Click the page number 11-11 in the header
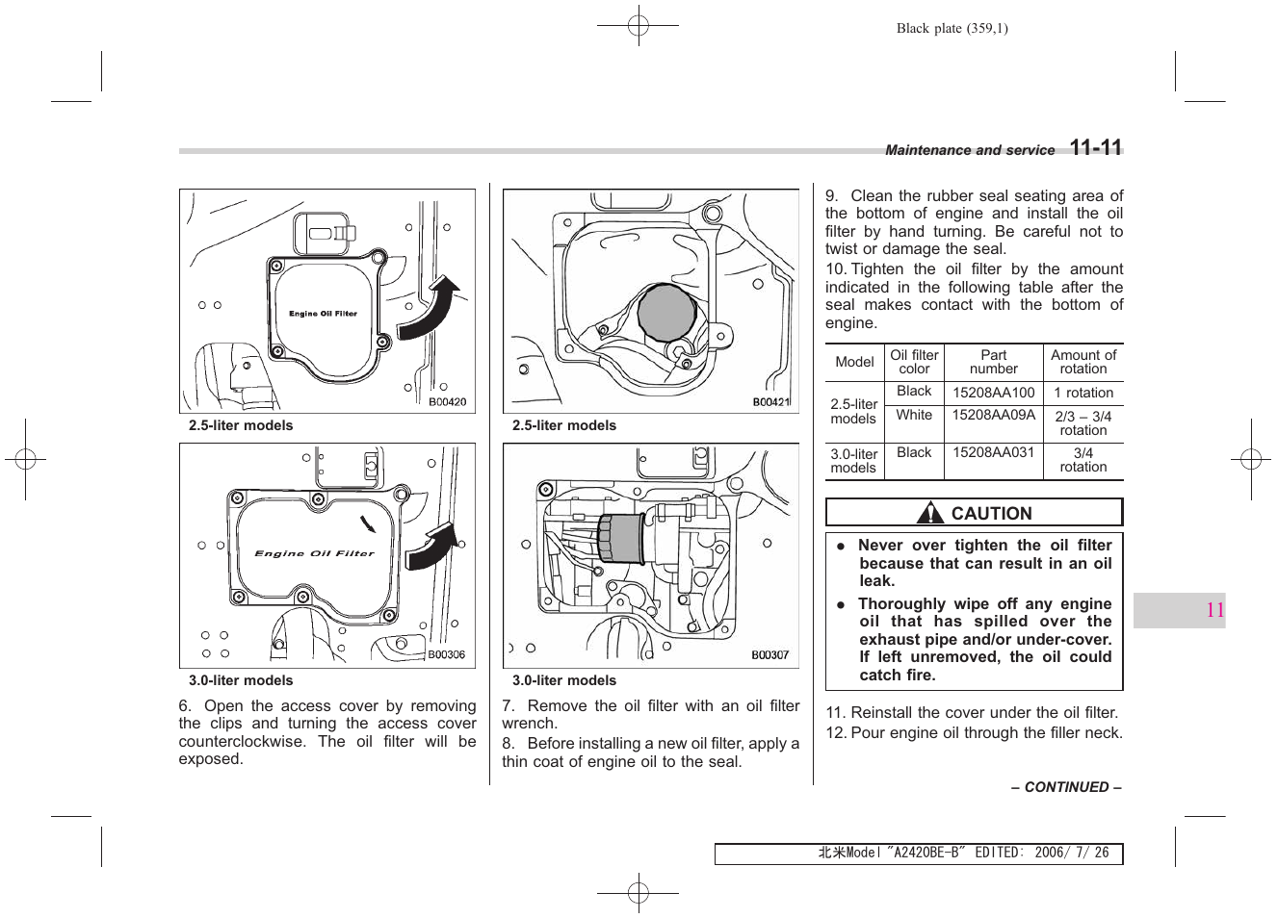[1096, 148]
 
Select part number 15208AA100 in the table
[993, 393]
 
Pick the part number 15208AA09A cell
[993, 415]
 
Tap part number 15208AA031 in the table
[993, 452]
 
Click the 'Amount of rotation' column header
[1083, 362]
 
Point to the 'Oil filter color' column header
[914, 362]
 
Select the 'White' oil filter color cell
[914, 415]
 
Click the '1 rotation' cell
[1083, 393]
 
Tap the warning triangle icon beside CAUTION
[930, 513]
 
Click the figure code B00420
[447, 402]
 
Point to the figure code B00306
[446, 654]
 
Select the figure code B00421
[770, 402]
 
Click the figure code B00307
[769, 654]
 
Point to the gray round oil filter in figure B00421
[666, 312]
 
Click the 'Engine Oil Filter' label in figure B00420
[323, 314]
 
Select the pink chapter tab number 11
[1214, 610]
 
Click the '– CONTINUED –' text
[1066, 787]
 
